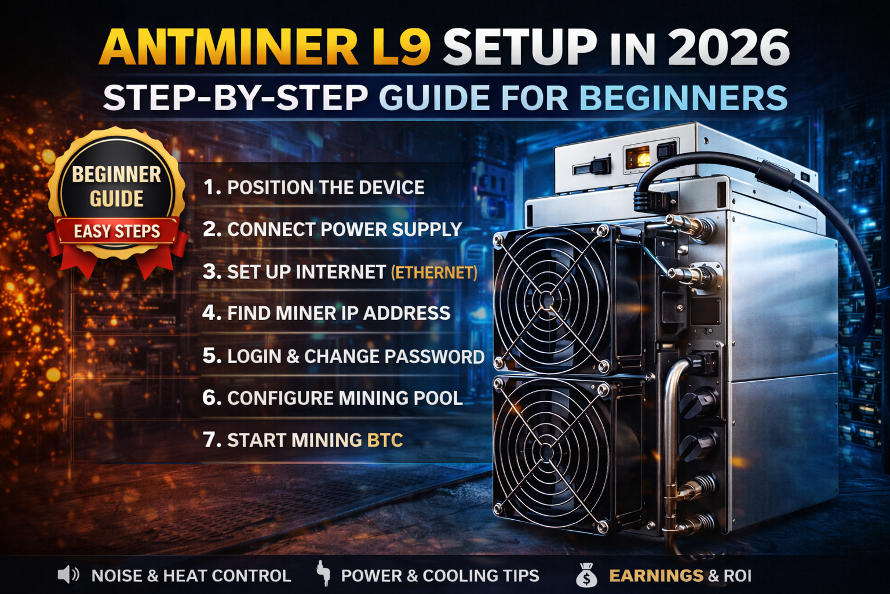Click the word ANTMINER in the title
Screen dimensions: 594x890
pos(229,48)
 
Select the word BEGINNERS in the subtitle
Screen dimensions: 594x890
pos(683,97)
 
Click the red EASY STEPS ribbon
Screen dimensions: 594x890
pos(117,231)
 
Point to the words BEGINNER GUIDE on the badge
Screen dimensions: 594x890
pos(116,186)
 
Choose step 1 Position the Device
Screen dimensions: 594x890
pos(313,187)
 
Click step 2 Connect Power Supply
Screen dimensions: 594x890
pos(332,229)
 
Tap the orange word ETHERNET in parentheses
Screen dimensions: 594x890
pos(434,272)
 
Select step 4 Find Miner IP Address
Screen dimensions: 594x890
pos(326,313)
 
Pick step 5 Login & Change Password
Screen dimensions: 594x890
pos(343,356)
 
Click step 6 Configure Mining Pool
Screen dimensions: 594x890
pos(333,398)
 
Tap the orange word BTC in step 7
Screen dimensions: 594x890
pos(385,440)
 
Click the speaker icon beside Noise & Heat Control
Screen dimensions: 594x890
pos(68,575)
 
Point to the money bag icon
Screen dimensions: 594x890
pos(586,575)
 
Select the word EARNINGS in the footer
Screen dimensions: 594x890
pos(656,575)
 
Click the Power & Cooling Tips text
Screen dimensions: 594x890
pos(440,575)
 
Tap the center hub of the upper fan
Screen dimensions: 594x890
pos(548,300)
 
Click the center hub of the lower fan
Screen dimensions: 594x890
pos(548,451)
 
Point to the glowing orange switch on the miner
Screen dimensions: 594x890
pos(639,157)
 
